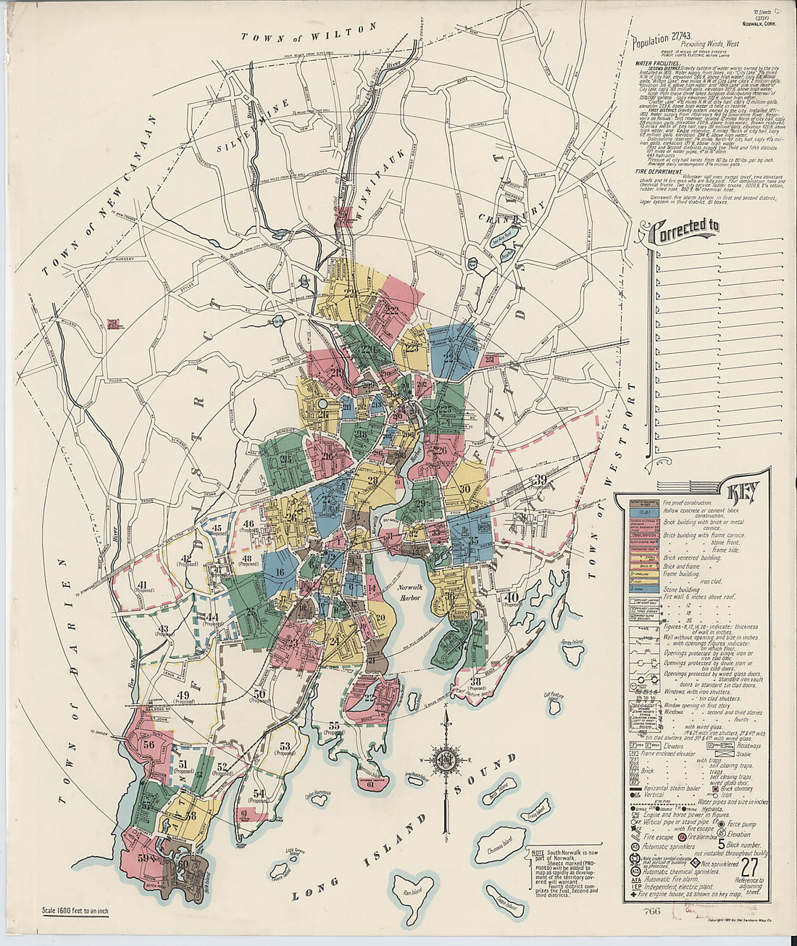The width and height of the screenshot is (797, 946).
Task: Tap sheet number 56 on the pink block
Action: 149,744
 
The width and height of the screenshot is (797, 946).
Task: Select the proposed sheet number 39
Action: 540,479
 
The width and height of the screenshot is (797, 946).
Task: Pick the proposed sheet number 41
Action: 141,585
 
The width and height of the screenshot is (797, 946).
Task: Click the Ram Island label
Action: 412,891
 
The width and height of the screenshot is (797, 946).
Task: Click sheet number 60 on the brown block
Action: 183,863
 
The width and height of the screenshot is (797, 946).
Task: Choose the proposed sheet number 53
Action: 284,747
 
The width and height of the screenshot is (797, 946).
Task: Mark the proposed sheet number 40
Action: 512,597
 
